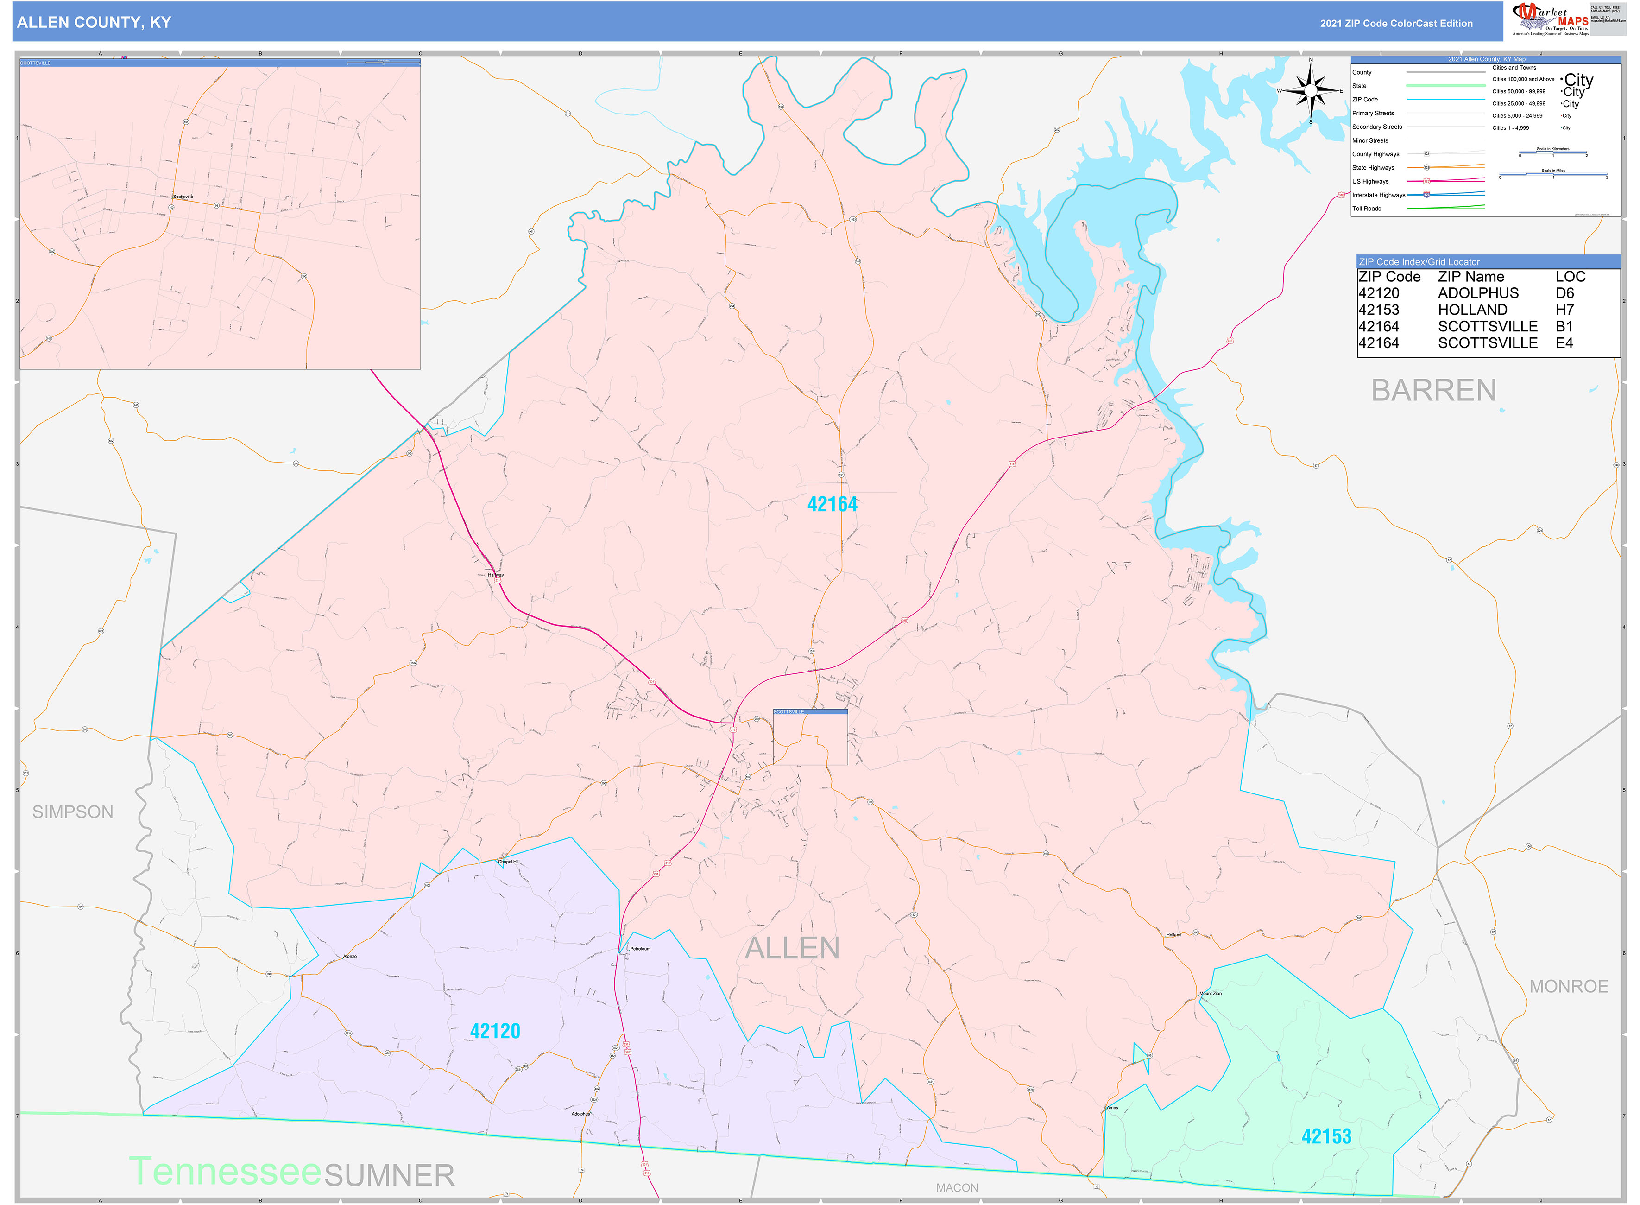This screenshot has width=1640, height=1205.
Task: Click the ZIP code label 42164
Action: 832,504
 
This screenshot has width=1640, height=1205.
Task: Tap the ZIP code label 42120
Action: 495,1031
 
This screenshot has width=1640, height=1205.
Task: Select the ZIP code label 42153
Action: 1326,1135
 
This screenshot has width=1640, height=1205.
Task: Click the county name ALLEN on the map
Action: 792,948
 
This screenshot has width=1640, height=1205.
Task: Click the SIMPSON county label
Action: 73,812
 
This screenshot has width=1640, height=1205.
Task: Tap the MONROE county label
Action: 1569,986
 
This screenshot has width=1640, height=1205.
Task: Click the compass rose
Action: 1311,91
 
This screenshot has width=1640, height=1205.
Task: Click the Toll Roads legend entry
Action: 1367,209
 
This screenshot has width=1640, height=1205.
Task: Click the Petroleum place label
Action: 639,948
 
